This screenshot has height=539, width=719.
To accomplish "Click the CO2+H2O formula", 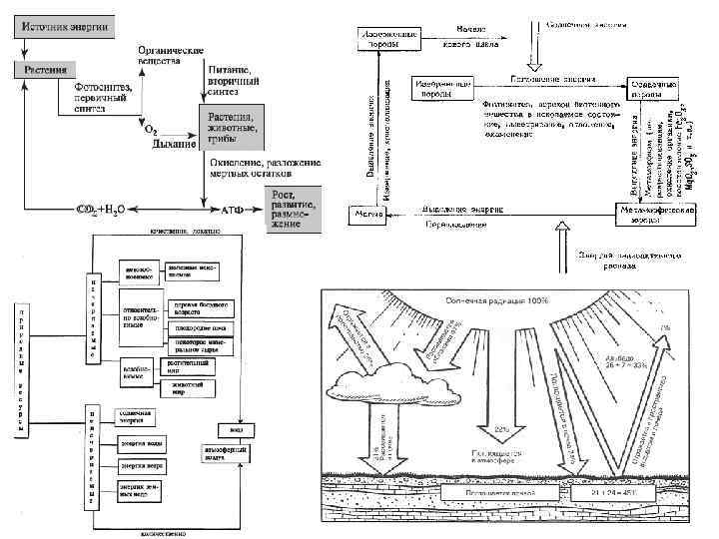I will pos(104,211).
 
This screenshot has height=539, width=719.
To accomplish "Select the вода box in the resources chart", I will pos(236,432).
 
